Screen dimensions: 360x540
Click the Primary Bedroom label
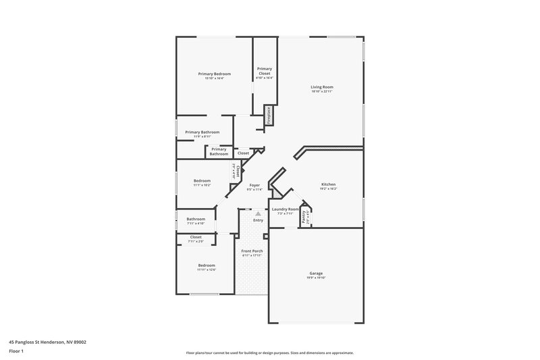(215, 74)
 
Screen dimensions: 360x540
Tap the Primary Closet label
(265, 71)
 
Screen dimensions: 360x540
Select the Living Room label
(322, 87)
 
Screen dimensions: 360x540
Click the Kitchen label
(328, 184)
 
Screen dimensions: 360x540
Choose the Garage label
(316, 272)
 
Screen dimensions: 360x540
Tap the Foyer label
(254, 184)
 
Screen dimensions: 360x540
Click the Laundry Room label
(285, 209)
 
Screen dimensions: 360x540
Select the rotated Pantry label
(304, 219)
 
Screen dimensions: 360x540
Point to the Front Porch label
(252, 251)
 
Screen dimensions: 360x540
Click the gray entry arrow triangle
(257, 213)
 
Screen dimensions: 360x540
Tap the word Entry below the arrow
(258, 220)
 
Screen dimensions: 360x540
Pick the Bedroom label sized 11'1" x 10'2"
(202, 180)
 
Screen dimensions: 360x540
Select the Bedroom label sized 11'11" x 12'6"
(206, 265)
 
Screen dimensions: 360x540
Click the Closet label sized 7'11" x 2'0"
(196, 237)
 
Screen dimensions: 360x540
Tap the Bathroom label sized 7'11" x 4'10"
(196, 219)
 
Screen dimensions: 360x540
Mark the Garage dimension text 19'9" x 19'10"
(316, 278)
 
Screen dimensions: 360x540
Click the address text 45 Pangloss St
(47, 342)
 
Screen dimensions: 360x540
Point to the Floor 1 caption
(16, 351)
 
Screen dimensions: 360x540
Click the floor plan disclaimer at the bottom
(270, 353)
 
